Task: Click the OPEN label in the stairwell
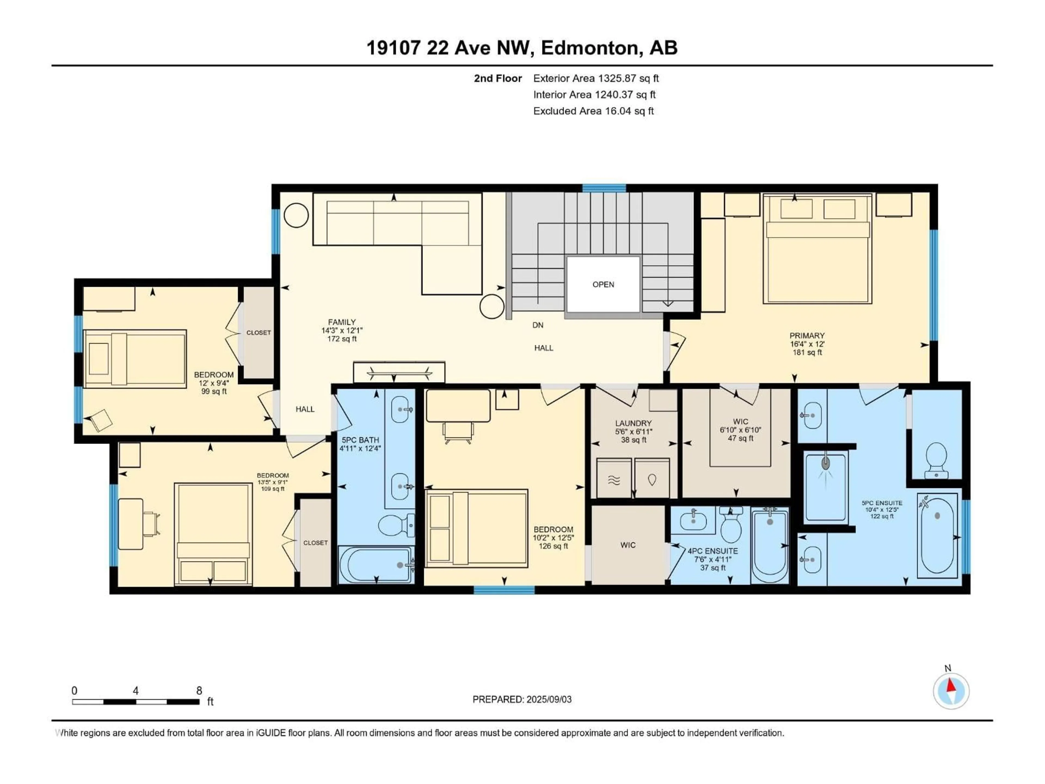(x=603, y=284)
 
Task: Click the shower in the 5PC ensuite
(x=826, y=487)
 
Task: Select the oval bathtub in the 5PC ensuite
(x=937, y=535)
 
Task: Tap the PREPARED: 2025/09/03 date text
(x=522, y=699)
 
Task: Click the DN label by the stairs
(x=538, y=325)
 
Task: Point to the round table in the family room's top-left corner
(x=296, y=216)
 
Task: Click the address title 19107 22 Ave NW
(x=522, y=48)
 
